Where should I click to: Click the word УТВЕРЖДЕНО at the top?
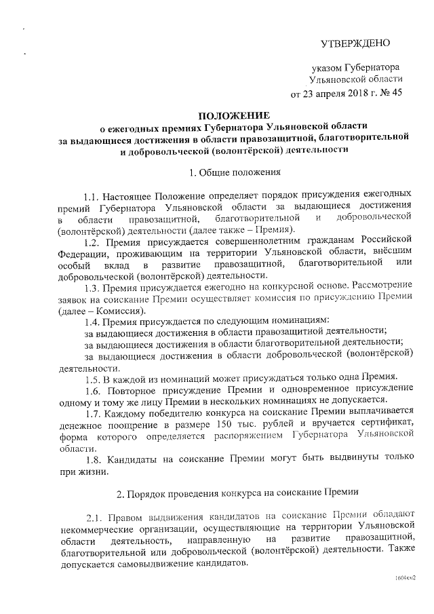(355, 44)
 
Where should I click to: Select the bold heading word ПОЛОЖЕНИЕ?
(234, 115)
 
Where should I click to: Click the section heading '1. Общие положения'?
(235, 172)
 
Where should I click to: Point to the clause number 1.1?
(94, 195)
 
